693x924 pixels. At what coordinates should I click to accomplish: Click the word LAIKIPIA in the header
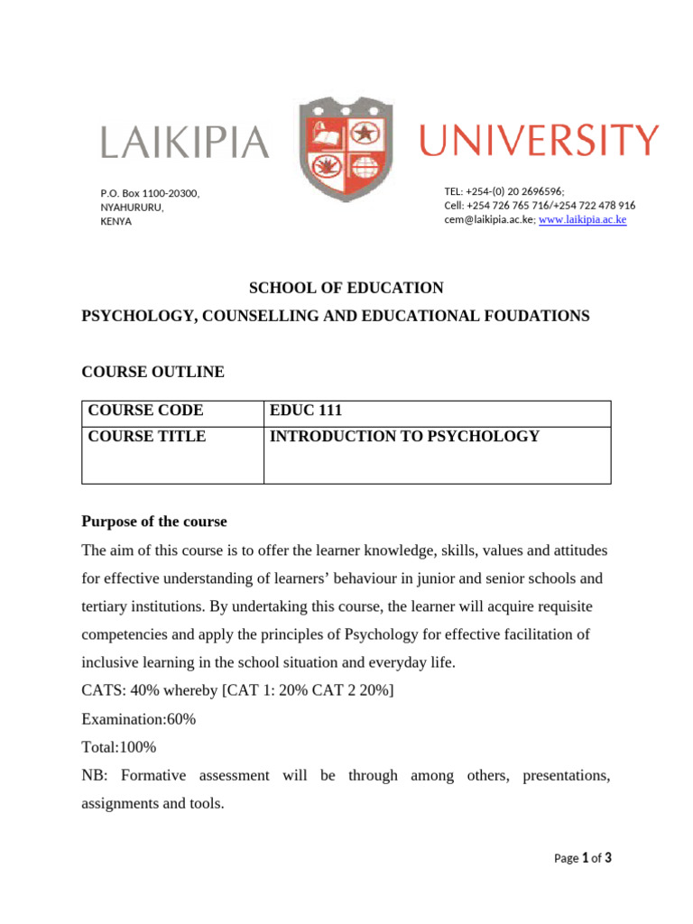[184, 143]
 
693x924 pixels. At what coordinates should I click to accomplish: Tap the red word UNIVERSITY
[540, 141]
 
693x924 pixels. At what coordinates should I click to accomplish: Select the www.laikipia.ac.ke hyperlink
[582, 219]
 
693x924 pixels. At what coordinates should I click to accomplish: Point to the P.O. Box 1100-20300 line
[150, 193]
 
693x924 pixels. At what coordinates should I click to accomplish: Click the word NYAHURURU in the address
[132, 207]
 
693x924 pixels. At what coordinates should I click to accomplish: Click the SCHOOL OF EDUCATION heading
[346, 288]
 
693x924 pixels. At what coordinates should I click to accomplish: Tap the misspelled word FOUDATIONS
[534, 316]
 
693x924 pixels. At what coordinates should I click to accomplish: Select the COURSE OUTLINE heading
[152, 372]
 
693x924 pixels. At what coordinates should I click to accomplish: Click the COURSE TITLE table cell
[147, 437]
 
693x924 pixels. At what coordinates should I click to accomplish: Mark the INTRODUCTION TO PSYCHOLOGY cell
[404, 437]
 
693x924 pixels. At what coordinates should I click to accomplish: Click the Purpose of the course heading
[154, 522]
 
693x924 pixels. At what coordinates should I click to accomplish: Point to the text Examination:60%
[139, 719]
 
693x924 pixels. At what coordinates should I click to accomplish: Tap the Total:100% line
[119, 747]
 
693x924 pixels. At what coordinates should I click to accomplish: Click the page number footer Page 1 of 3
[582, 858]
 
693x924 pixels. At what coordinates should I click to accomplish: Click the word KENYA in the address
[115, 221]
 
